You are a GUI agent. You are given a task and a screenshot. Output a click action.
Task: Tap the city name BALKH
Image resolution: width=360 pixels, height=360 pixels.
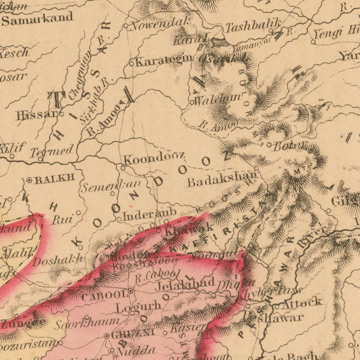coord(54,180)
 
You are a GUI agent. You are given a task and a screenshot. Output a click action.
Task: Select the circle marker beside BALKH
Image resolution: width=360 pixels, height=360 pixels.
coord(29,180)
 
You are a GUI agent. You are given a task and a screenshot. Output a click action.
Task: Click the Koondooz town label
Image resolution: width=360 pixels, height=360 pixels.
coord(154,158)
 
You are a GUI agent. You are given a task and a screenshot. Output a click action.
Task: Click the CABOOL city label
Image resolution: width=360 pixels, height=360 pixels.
coord(104,296)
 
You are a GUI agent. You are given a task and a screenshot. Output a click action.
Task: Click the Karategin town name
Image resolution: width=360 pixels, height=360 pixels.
coord(164,61)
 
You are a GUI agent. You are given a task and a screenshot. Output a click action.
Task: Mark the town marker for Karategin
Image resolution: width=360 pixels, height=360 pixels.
coord(132,63)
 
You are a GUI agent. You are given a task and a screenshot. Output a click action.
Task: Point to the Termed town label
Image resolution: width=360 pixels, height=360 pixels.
coord(52,151)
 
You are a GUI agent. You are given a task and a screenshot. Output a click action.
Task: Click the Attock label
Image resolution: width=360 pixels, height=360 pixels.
coord(302,302)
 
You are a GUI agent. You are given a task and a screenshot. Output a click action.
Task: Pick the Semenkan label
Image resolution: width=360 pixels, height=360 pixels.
coord(111,186)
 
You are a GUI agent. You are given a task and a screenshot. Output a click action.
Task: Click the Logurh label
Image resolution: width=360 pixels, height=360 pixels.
coord(138,307)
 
